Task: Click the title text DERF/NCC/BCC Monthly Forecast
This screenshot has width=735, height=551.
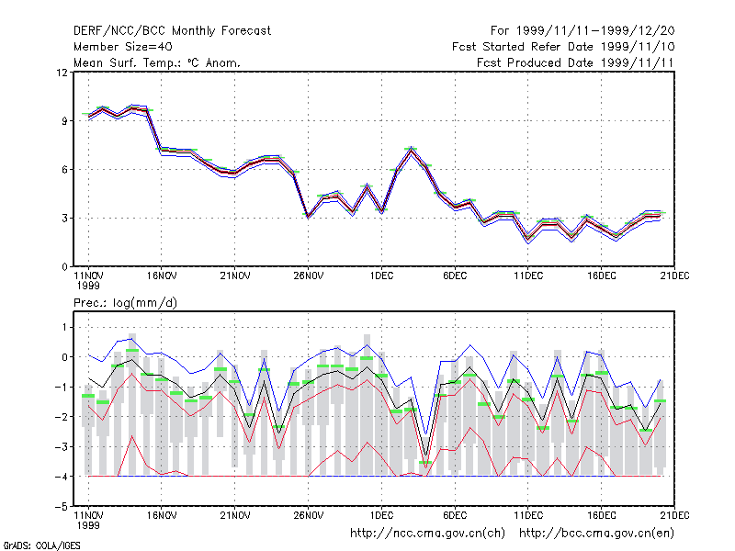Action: pyautogui.click(x=172, y=31)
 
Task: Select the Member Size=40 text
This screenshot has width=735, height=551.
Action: pyautogui.click(x=123, y=47)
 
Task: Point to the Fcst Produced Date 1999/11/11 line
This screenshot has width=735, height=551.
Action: pyautogui.click(x=575, y=62)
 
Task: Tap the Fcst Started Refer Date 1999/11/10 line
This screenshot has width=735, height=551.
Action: pyautogui.click(x=563, y=47)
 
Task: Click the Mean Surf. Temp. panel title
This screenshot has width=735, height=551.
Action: pyautogui.click(x=156, y=62)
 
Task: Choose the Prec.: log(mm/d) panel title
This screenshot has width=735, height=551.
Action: pyautogui.click(x=125, y=303)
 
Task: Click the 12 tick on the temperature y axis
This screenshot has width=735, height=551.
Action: pyautogui.click(x=62, y=73)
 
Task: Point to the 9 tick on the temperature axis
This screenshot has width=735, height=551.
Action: pyautogui.click(x=64, y=121)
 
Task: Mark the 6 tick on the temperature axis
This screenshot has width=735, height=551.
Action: pyautogui.click(x=64, y=170)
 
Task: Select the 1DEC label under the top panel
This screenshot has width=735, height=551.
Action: pyautogui.click(x=381, y=276)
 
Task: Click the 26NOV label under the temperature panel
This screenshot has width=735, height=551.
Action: pyautogui.click(x=309, y=276)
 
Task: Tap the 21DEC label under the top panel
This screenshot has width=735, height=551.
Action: pyautogui.click(x=674, y=276)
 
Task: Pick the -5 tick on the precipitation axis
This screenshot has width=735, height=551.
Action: pyautogui.click(x=62, y=507)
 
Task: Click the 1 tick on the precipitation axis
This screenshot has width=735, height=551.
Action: pyautogui.click(x=64, y=327)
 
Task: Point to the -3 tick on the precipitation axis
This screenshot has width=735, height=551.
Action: pyautogui.click(x=62, y=447)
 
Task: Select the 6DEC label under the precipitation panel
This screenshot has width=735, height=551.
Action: pyautogui.click(x=455, y=515)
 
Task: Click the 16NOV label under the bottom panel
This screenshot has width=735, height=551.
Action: pyautogui.click(x=162, y=515)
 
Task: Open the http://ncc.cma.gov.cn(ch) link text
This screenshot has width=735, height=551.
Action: pyautogui.click(x=427, y=534)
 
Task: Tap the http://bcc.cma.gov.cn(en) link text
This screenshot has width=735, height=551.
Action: pyautogui.click(x=596, y=534)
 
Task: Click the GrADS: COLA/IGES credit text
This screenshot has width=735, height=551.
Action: pyautogui.click(x=42, y=545)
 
